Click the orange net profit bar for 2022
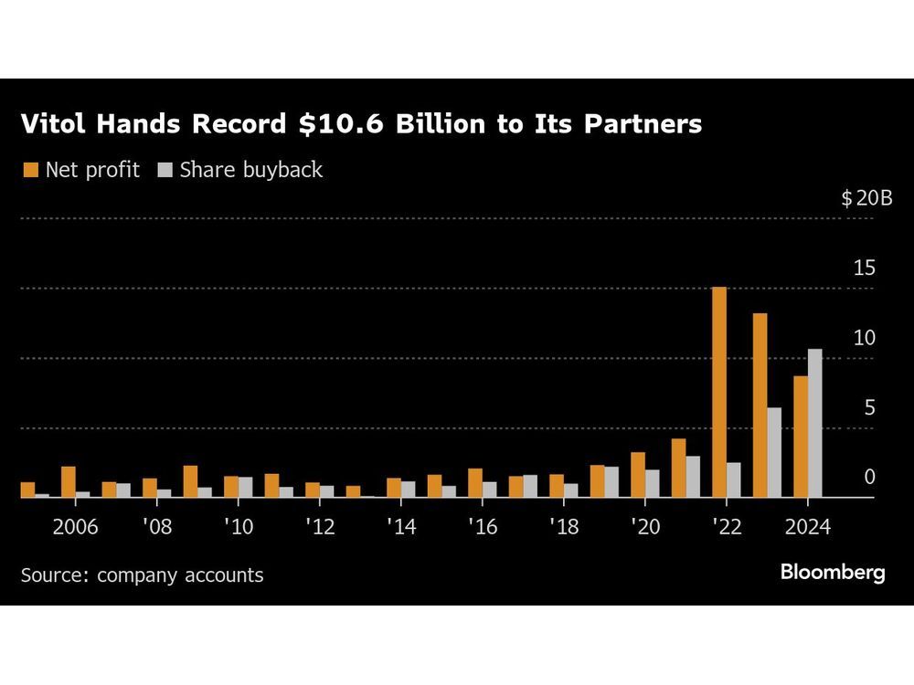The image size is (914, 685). click(x=719, y=393)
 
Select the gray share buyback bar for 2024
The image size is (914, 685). click(x=814, y=424)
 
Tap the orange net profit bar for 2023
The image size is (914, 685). click(x=760, y=406)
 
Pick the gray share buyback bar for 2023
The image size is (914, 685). click(x=774, y=453)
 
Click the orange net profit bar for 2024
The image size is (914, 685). click(x=800, y=437)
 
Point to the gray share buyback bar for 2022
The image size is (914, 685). click(x=734, y=480)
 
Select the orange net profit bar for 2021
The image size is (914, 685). click(x=678, y=469)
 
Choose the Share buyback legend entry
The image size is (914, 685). click(x=241, y=170)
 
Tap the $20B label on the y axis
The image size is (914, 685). click(x=866, y=198)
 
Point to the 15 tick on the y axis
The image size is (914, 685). click(x=864, y=269)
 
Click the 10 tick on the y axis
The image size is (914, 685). click(x=864, y=338)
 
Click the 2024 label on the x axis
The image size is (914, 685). click(x=807, y=529)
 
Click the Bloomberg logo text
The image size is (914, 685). click(x=833, y=573)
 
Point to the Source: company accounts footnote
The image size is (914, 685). click(x=142, y=575)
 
